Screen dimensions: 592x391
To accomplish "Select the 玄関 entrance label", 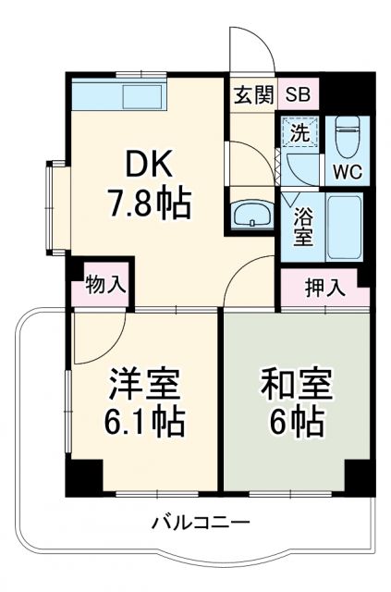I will [x=247, y=94].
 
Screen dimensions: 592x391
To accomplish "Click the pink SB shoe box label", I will [x=297, y=94].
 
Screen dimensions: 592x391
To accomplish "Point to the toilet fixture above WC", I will [x=346, y=137].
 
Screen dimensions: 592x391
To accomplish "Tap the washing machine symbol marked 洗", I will [x=299, y=131].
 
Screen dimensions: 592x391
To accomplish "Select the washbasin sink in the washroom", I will [x=250, y=216].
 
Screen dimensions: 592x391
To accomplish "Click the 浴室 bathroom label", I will [x=302, y=227].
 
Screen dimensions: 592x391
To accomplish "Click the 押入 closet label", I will [x=325, y=286].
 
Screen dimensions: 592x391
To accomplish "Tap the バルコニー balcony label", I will [x=201, y=524].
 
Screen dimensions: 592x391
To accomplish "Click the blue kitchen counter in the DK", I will [x=119, y=96].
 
